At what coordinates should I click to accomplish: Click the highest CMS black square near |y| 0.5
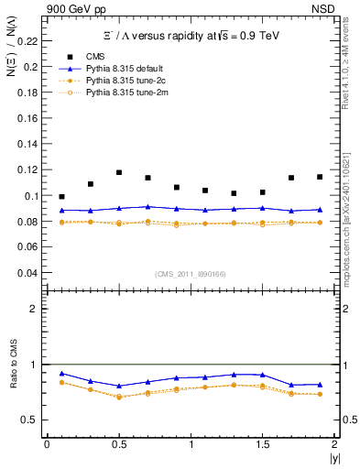119,172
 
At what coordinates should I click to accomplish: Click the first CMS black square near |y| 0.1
61,197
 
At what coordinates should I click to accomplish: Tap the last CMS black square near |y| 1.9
320,177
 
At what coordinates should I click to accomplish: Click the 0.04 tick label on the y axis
30,273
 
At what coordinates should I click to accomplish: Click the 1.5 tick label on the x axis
262,443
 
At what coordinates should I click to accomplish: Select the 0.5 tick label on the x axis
118,443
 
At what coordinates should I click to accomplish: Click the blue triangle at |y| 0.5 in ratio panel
119,387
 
